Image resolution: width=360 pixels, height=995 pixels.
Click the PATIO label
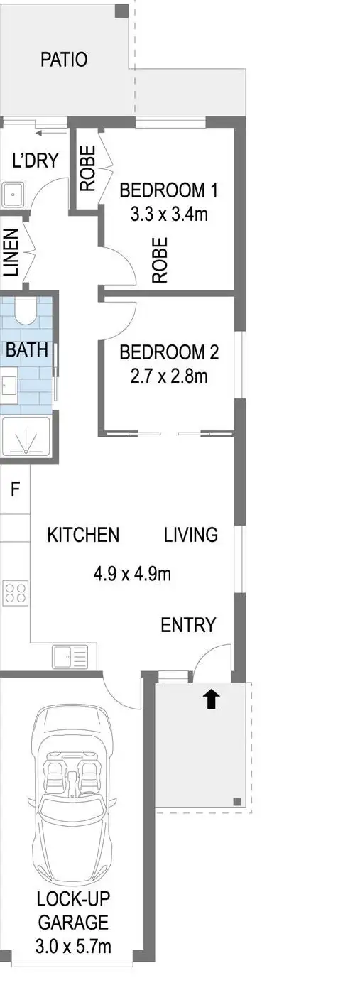coord(64,60)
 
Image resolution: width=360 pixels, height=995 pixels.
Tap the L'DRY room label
coord(35,161)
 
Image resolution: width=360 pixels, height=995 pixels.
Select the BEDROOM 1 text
coord(168,190)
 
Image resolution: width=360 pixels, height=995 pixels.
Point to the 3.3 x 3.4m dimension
coord(168,214)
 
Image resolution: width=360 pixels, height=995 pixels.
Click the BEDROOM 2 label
coord(168,352)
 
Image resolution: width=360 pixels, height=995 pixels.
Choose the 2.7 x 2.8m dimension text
coord(168,376)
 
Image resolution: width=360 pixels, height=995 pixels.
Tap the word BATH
coord(27,349)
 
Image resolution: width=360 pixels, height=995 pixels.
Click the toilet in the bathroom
coord(26,310)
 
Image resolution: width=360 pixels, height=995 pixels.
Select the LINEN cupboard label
coord(11,251)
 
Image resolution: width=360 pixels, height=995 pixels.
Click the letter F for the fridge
coord(15,489)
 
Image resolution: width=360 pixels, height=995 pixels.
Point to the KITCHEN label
coord(83,535)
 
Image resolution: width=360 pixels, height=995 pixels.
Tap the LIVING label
coord(191,535)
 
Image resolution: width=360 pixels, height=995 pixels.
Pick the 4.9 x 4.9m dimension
coord(132,573)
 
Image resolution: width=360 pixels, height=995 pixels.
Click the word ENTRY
coord(188,625)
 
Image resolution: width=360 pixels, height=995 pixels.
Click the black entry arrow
coord(212,700)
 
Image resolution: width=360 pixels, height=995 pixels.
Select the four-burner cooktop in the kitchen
coord(16,592)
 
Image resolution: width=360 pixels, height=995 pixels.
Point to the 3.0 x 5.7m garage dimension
coord(73,946)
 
